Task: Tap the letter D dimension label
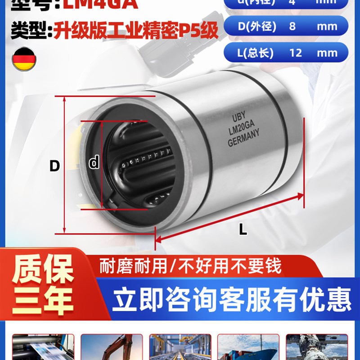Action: point(54,166)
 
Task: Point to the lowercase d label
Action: point(94,162)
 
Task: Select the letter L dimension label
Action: point(243,230)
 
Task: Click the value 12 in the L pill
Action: point(296,53)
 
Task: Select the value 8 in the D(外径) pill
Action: point(292,26)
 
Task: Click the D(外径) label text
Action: point(255,26)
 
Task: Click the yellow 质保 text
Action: point(43,270)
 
